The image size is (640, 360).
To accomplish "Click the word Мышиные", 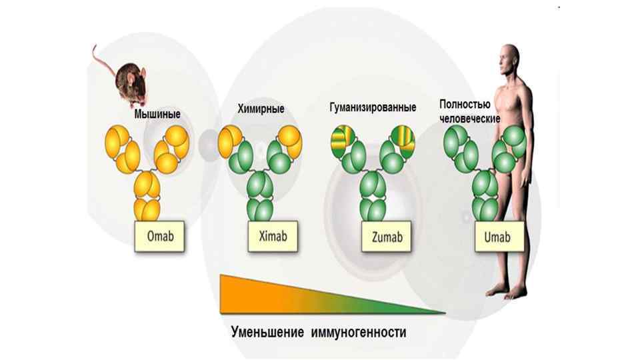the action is pos(157,114).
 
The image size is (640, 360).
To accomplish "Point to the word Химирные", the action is pos(261,109).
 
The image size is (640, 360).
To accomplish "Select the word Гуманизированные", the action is pos(373,107).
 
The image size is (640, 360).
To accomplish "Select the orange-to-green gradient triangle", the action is pos(287,293).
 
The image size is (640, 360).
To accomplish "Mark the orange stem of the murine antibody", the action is pos(147,197).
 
